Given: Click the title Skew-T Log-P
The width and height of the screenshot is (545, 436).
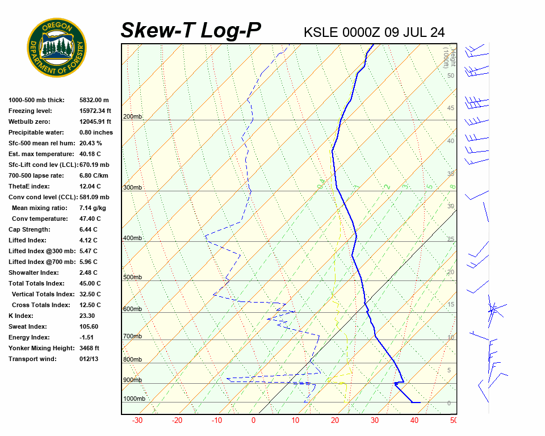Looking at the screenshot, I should [x=191, y=31].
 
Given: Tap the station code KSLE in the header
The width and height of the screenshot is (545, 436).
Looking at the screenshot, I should [x=321, y=32].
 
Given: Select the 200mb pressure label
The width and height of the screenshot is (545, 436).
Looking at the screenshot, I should [x=133, y=117].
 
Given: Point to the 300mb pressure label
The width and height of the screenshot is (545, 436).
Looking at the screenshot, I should [x=133, y=188].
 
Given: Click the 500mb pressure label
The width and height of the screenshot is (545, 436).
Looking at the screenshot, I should [x=133, y=278].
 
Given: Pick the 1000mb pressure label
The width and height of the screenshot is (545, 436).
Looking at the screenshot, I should [x=135, y=399].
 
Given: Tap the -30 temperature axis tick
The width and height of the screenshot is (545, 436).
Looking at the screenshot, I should [x=137, y=421].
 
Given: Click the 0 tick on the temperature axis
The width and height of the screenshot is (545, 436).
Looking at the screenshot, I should [x=253, y=421].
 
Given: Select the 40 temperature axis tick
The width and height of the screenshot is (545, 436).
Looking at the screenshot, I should [x=414, y=421].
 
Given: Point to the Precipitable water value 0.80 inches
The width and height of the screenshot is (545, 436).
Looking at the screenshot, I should [x=96, y=132].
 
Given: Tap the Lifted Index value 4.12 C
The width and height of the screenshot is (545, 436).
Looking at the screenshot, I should [x=89, y=240].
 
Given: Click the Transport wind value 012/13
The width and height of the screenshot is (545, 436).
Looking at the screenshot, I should [x=89, y=359].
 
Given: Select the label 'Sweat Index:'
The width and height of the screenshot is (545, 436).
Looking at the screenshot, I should [x=28, y=326].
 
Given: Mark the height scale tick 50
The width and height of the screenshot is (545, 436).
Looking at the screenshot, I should [x=450, y=76].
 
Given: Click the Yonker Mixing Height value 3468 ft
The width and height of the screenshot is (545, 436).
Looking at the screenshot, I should [x=90, y=348].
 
